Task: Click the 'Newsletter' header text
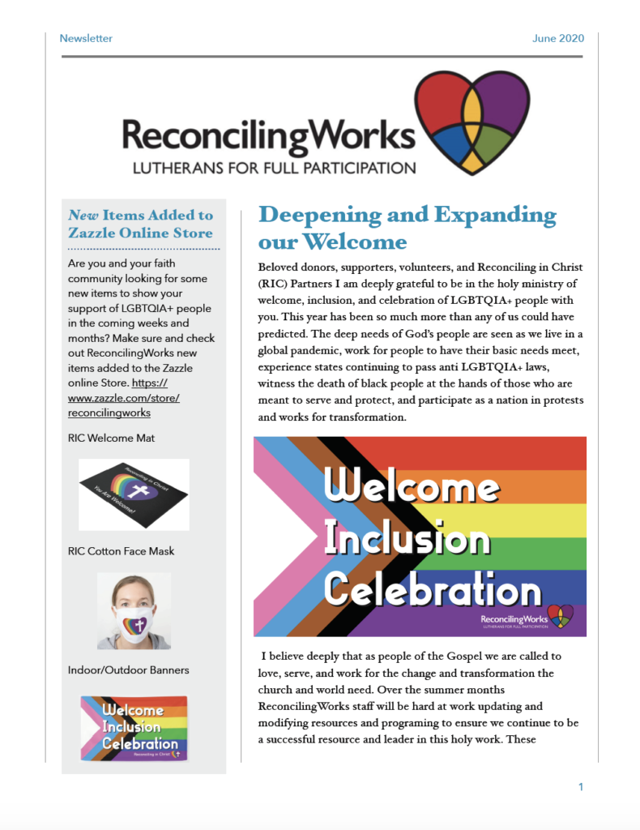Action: point(86,38)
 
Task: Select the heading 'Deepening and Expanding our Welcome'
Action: point(407,228)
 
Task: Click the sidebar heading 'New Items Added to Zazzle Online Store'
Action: point(141,224)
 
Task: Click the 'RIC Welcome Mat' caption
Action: point(112,438)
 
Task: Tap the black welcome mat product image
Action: point(134,494)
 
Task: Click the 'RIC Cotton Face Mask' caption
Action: point(122,551)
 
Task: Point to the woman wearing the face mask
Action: point(134,611)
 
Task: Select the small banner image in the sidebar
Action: point(134,727)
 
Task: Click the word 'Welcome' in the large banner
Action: point(411,487)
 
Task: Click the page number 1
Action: point(581,787)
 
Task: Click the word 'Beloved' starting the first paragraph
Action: point(280,267)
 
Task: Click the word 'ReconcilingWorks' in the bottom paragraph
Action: point(307,707)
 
